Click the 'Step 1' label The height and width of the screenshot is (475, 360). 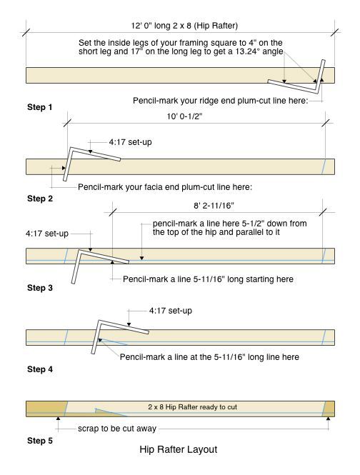[x=40, y=107]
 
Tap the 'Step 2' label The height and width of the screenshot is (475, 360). [x=40, y=199]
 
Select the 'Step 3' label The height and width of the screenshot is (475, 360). [x=40, y=288]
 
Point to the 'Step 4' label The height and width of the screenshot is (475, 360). [x=40, y=369]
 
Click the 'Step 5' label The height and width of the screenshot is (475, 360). [x=40, y=441]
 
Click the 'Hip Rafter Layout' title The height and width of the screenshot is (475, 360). [x=179, y=449]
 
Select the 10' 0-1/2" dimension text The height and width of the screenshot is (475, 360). [x=184, y=116]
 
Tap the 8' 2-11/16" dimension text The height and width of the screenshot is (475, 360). [x=214, y=206]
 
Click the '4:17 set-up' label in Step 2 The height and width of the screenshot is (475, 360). [x=130, y=142]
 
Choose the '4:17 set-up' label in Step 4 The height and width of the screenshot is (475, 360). [x=170, y=311]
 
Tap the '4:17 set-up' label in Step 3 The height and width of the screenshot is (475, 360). [x=47, y=234]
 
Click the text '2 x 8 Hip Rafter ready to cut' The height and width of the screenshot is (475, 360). [x=192, y=407]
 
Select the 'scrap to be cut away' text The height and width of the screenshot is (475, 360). [x=117, y=429]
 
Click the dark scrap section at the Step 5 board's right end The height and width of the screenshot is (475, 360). [x=329, y=409]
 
